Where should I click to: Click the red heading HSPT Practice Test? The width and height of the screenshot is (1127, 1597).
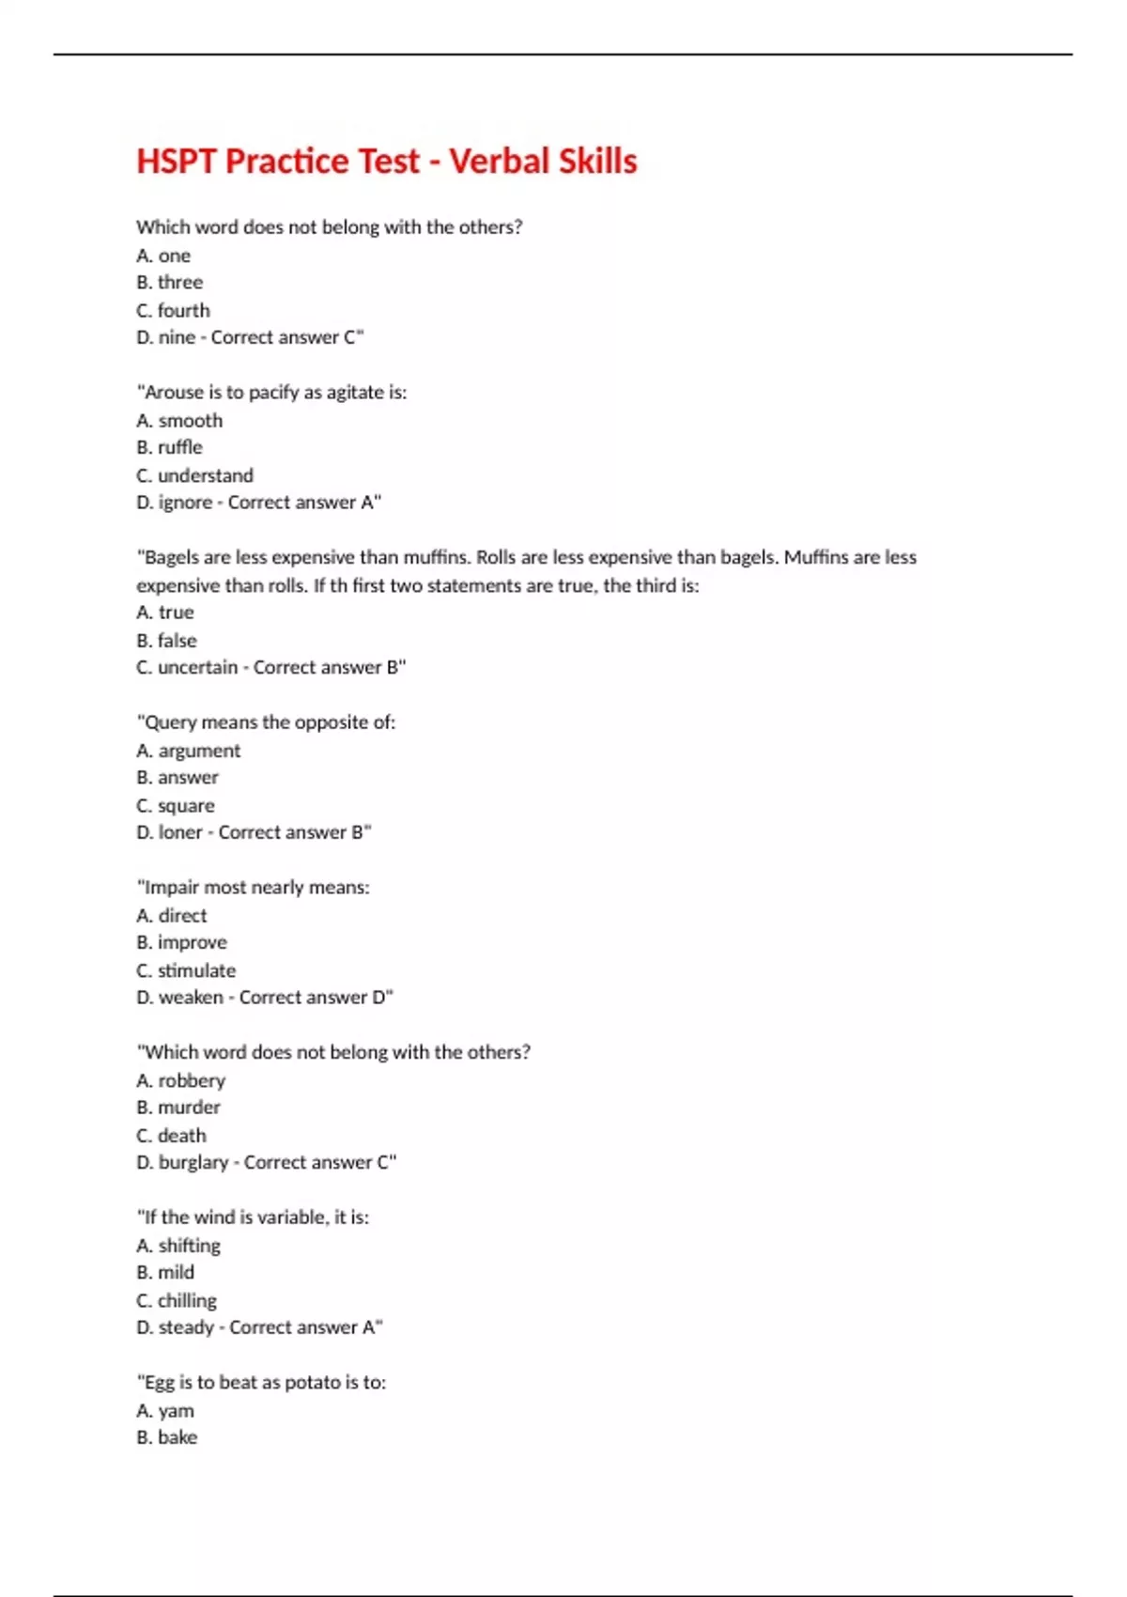386,161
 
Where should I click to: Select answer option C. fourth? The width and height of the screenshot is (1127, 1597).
173,310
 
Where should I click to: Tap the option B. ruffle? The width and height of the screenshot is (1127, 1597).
169,447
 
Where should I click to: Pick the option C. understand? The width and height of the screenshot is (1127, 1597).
194,475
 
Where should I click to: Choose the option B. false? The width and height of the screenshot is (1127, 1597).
166,641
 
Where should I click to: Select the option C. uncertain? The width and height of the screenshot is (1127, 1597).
187,667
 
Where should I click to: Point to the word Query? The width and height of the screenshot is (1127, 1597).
171,722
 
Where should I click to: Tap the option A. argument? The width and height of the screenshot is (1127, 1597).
188,751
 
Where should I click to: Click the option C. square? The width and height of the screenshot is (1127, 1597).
176,806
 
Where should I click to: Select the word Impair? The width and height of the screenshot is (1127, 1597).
172,887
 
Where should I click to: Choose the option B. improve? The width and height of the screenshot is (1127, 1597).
181,942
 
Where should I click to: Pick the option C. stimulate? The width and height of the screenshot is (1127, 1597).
186,970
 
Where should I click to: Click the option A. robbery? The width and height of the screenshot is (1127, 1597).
180,1080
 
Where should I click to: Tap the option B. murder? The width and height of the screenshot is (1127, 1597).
178,1108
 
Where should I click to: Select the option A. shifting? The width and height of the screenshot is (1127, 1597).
178,1246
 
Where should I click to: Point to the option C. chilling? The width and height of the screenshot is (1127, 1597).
177,1301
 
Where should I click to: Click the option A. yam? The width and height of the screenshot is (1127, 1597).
165,1411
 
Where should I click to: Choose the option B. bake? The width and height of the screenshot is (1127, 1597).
166,1437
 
